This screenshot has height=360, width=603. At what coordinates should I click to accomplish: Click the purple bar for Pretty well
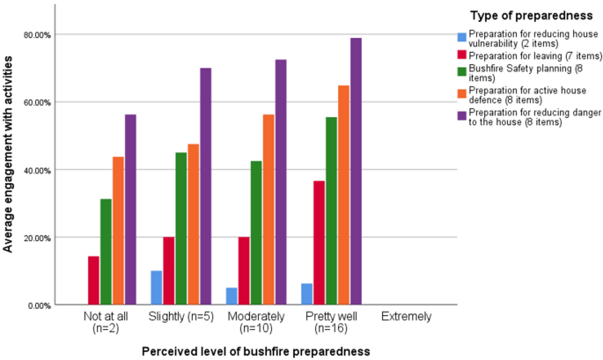[357, 172]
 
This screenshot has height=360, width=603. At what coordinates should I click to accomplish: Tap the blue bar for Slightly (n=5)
[156, 288]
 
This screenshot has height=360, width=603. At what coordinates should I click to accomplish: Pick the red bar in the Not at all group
[93, 281]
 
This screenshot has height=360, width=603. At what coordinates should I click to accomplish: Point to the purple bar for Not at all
[130, 209]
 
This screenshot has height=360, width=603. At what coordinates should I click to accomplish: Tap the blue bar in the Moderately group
[231, 296]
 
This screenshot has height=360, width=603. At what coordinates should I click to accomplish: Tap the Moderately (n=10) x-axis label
[255, 322]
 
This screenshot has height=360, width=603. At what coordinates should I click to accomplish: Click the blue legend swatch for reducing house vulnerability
[460, 37]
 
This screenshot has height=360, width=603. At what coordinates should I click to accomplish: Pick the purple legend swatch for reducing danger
[460, 113]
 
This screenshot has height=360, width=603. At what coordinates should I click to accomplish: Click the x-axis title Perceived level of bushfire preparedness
[255, 350]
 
